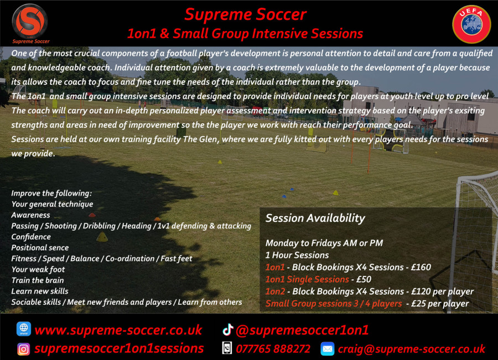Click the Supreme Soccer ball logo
point(30,22)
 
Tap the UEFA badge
point(471,24)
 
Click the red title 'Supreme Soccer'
point(245,14)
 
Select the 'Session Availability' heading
point(315,218)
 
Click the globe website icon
point(24,329)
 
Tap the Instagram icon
point(23,349)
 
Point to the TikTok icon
point(228,330)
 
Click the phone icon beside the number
point(227,348)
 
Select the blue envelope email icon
point(328,349)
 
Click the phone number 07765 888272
point(273,349)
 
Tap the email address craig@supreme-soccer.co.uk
point(411,349)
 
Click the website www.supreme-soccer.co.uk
point(118,330)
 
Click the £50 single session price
point(364,279)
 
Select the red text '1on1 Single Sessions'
point(307,279)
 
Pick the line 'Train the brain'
point(38,280)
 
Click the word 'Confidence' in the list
point(31,237)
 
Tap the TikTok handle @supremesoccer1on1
point(302,330)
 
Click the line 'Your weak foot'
point(38,269)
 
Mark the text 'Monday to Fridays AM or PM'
point(324,243)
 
